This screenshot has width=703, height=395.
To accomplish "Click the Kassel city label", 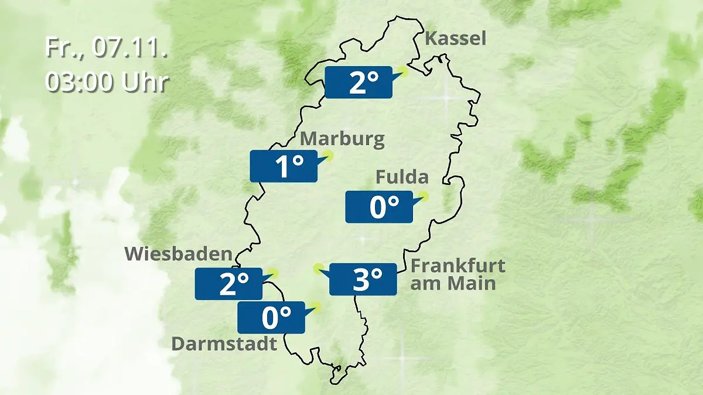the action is coord(455,39).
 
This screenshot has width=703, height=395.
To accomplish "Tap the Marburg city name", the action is coord(342,139).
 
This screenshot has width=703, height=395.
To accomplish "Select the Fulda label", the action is coord(402,177).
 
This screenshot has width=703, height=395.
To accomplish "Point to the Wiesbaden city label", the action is coord(179,254).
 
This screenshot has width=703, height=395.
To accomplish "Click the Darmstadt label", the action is coord(224,344).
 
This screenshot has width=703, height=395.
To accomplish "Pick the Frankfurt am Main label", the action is coord(457,274).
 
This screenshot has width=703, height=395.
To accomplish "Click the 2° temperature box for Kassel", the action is coord(358,82).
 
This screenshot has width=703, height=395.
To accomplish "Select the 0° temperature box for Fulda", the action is coord(378,207).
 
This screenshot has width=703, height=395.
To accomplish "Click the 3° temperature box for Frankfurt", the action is coord(363,279).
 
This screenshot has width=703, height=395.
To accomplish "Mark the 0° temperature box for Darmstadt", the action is coord(271,317).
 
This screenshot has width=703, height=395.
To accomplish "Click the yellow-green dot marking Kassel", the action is coord(402,71).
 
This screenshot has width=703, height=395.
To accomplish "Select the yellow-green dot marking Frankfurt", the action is coord(318,269).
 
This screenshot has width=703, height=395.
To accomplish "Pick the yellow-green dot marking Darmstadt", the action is coord(316,306).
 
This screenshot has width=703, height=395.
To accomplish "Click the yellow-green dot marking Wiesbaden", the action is coord(272,273).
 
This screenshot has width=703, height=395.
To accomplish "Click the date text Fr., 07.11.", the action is coord(107,48).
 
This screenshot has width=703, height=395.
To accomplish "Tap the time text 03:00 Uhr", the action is coord(107,82).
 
